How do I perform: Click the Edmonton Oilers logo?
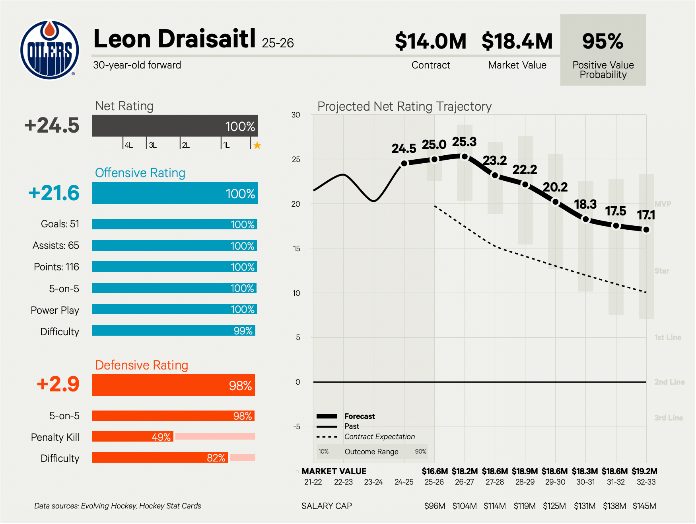click(x=50, y=50)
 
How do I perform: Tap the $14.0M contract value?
click(x=430, y=41)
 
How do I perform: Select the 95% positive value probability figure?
click(x=603, y=41)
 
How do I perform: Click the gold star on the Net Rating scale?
click(x=257, y=145)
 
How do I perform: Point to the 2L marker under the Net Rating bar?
click(x=185, y=145)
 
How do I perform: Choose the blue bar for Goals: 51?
click(x=175, y=224)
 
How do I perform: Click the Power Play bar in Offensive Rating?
click(x=175, y=309)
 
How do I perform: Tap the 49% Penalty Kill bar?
click(x=133, y=437)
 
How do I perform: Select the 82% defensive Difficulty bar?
click(x=160, y=458)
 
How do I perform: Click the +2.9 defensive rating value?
click(x=58, y=384)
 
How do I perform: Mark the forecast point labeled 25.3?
click(x=465, y=156)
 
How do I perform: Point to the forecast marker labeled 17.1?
click(x=646, y=230)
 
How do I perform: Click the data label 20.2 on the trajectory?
click(x=555, y=187)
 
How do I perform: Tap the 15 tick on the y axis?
click(x=296, y=248)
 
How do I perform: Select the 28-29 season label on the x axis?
click(x=525, y=482)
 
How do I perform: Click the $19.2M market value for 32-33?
click(x=644, y=471)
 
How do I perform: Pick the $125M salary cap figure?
click(x=554, y=506)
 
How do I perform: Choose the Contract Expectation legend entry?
click(x=379, y=437)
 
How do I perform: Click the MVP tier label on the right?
click(x=663, y=204)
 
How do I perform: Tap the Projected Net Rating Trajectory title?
click(x=404, y=106)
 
